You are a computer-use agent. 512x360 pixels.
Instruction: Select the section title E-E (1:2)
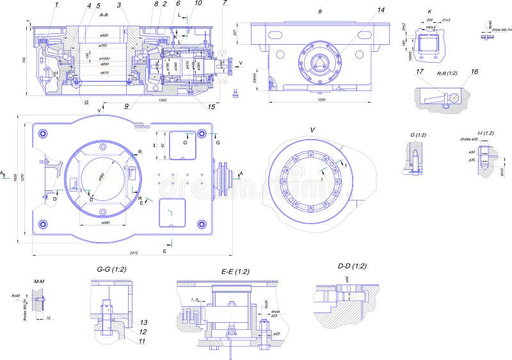click(x=236, y=272)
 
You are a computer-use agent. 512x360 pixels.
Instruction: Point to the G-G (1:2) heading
click(x=111, y=270)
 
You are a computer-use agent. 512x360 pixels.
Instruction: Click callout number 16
click(x=475, y=72)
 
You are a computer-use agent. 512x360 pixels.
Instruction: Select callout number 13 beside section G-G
click(x=144, y=322)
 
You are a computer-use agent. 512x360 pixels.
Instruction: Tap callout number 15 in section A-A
click(x=211, y=106)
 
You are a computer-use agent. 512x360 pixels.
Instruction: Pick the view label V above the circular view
click(x=312, y=130)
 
